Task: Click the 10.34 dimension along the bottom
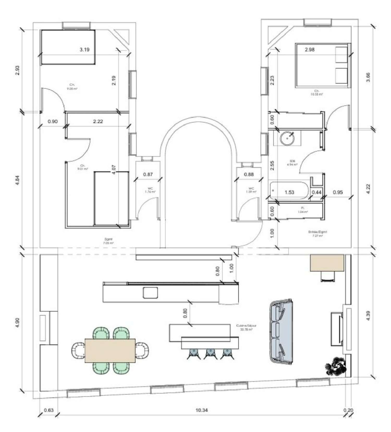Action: click(x=201, y=410)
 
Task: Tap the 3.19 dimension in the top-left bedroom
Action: click(x=84, y=50)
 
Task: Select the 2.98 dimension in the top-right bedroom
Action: click(x=309, y=50)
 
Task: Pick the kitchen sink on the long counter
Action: click(x=150, y=292)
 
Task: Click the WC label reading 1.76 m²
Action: click(x=150, y=190)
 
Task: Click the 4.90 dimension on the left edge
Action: click(x=17, y=323)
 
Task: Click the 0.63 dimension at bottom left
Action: click(x=48, y=410)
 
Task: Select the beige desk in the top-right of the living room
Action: click(x=327, y=263)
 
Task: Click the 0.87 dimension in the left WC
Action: click(x=148, y=174)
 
